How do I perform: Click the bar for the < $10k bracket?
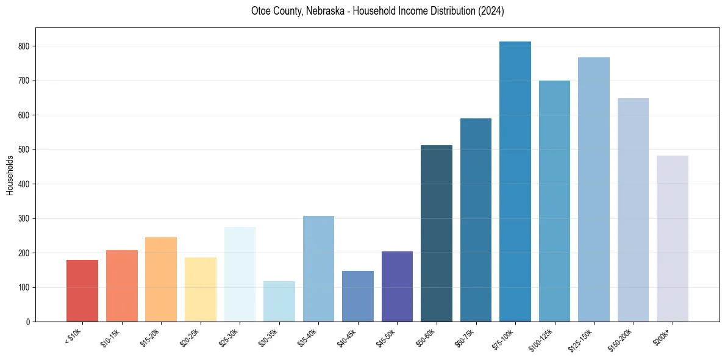click(82, 291)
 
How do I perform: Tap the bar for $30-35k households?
click(279, 301)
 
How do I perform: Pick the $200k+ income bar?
click(673, 239)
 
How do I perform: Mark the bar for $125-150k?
click(594, 190)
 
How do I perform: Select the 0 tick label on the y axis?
click(28, 322)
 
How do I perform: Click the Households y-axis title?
click(10, 175)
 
